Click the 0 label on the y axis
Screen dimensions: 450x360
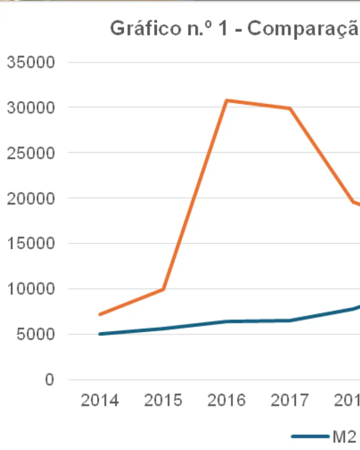pyautogui.click(x=50, y=380)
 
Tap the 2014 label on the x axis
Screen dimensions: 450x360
pyautogui.click(x=100, y=400)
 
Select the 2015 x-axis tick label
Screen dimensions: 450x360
pyautogui.click(x=163, y=400)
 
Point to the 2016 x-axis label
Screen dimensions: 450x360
pyautogui.click(x=227, y=400)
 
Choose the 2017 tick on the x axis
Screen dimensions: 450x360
pyautogui.click(x=290, y=400)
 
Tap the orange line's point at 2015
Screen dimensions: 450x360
pyautogui.click(x=163, y=289)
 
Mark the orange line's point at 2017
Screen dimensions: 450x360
pyautogui.click(x=290, y=108)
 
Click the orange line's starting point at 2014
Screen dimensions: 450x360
pyautogui.click(x=100, y=314)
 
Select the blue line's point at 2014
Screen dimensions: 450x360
pyautogui.click(x=100, y=334)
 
